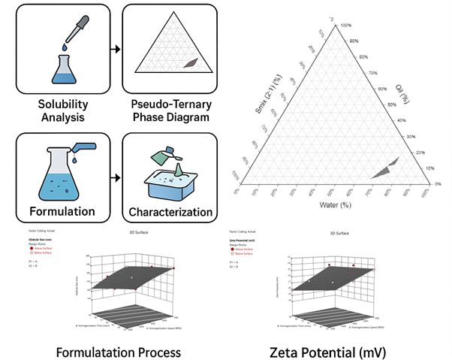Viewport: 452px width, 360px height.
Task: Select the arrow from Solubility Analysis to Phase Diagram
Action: [x=115, y=49]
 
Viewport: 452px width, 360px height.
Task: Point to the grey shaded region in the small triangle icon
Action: [x=192, y=66]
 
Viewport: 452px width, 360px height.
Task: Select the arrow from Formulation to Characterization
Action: [x=115, y=159]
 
